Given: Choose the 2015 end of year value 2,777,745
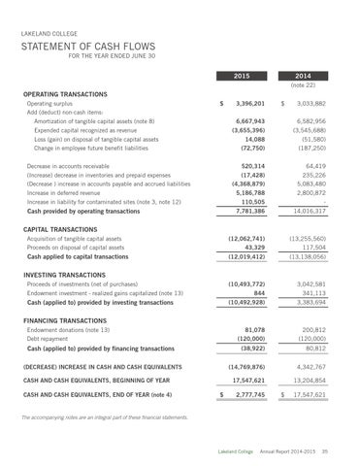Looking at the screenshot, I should click(249, 398).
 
